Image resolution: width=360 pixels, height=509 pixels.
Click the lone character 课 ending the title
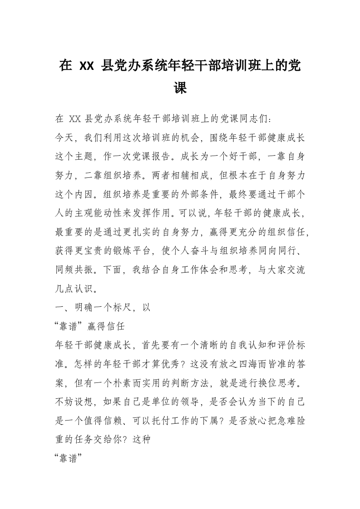pos(180,88)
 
